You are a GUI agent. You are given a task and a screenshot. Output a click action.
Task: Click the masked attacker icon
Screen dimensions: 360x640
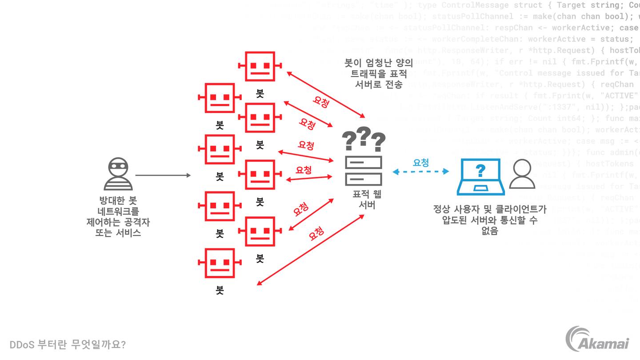(x=118, y=174)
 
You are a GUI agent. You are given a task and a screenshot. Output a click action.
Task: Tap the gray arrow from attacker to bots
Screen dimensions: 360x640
(x=163, y=176)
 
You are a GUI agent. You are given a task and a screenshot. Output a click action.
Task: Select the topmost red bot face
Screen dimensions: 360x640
(x=260, y=66)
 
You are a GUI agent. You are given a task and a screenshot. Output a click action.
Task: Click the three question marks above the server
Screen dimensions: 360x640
(x=364, y=140)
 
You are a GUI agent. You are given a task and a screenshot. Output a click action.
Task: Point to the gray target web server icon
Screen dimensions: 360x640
(x=364, y=171)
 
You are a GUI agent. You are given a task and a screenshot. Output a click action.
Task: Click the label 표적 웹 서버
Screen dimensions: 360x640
(x=367, y=200)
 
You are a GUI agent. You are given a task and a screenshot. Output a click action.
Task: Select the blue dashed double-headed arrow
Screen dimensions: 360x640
(x=420, y=172)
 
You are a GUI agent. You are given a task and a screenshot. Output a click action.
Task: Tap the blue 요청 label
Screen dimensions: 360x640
(x=420, y=163)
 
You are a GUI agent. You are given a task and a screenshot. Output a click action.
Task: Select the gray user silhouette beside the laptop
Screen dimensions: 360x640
(x=522, y=174)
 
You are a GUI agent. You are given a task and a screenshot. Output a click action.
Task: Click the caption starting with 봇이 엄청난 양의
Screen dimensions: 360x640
(x=378, y=73)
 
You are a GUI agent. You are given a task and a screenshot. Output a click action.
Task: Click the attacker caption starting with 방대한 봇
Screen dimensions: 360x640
(x=118, y=216)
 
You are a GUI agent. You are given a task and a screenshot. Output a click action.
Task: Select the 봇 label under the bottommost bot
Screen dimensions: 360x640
(x=220, y=290)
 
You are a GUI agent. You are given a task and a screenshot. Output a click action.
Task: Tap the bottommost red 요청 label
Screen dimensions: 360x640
(x=316, y=233)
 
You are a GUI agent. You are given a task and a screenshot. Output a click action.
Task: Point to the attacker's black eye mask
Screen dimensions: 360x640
(x=118, y=164)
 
